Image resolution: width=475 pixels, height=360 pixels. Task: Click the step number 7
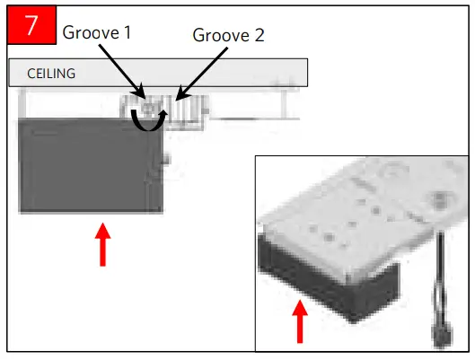point(31,25)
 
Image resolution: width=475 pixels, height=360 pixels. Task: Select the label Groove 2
point(229,35)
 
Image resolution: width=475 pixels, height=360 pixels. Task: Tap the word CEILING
point(48,74)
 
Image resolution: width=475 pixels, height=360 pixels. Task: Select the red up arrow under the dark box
point(102,244)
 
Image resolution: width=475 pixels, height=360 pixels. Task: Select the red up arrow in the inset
point(301,322)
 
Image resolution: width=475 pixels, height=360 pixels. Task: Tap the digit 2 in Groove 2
point(259,35)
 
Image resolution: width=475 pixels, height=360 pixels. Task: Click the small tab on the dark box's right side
point(167,159)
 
